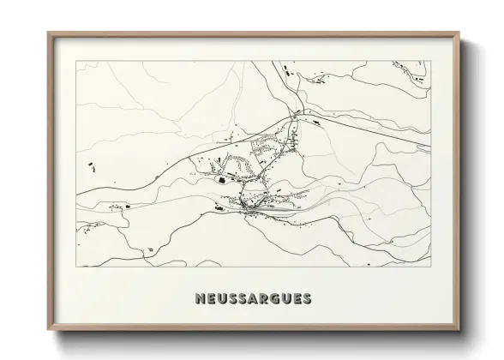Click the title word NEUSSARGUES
[252, 299]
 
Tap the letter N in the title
[200, 299]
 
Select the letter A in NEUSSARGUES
[253, 299]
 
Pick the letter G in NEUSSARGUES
[274, 299]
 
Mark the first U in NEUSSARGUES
[220, 299]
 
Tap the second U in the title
[285, 299]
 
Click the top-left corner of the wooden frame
[48, 33]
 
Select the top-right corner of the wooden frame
[459, 33]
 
